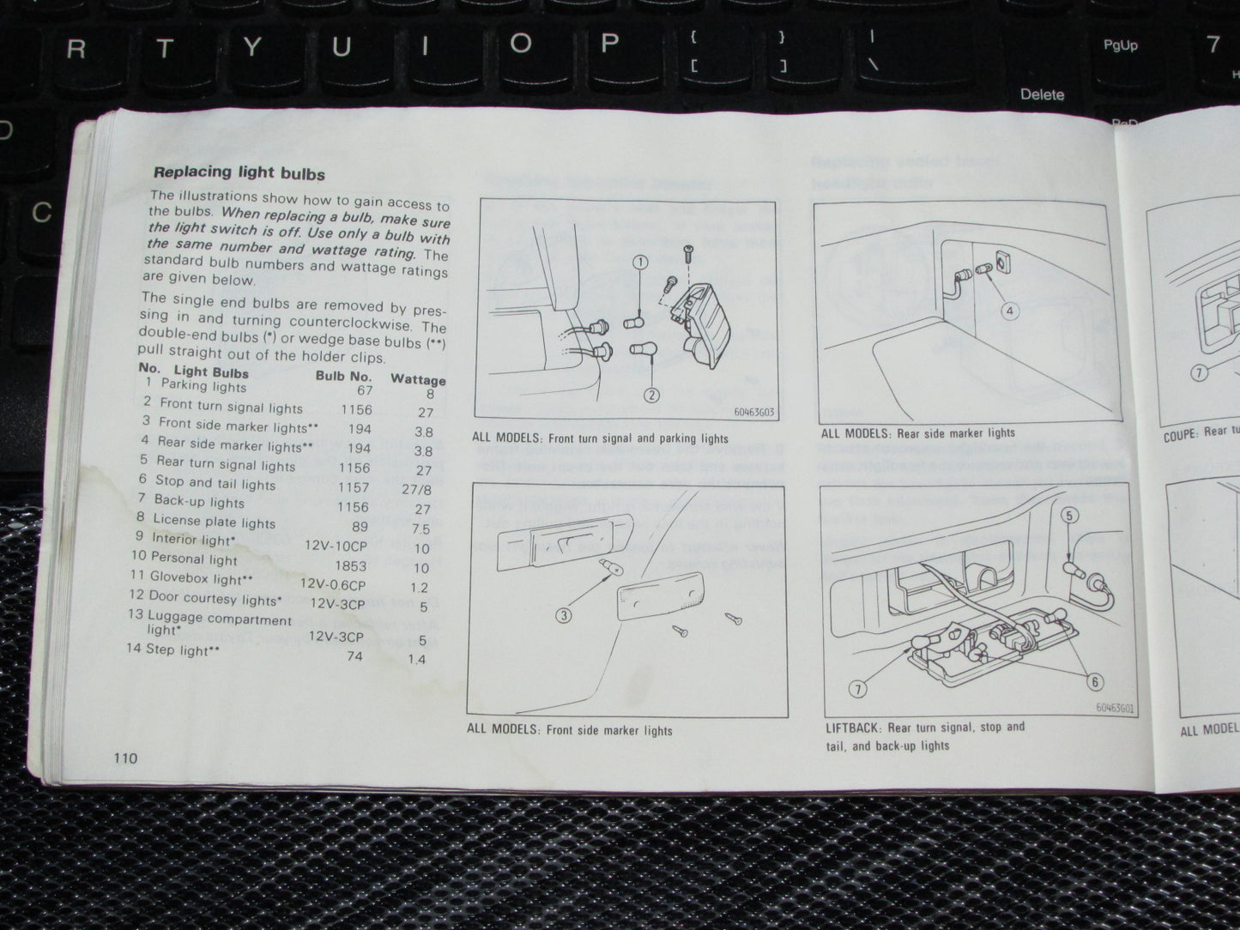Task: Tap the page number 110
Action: coord(124,758)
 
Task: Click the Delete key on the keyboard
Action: coord(1042,94)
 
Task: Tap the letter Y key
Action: coord(251,46)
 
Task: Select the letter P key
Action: coord(609,44)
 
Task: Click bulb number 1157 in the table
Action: coord(353,487)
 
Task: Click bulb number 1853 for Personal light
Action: coord(350,566)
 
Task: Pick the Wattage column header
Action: coord(418,379)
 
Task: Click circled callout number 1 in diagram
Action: coord(640,263)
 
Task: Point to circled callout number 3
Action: coord(563,614)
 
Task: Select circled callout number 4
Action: coord(1010,311)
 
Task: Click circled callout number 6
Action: coord(1094,682)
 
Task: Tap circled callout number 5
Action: coord(1068,516)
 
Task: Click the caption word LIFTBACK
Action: coord(852,728)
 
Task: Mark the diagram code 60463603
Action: coord(753,412)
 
